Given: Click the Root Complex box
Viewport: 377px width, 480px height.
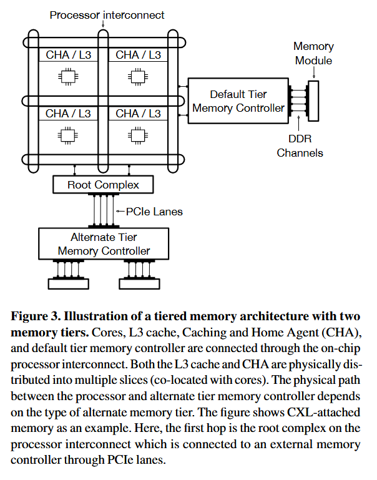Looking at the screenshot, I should (103, 185).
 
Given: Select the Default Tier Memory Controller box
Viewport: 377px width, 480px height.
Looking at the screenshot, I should (238, 102).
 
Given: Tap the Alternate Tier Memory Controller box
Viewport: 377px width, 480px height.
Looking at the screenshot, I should (103, 243).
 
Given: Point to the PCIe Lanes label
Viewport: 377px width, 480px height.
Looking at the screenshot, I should (154, 212).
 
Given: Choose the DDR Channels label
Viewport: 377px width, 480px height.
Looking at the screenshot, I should (300, 145).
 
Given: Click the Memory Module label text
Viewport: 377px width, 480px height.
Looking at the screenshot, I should (313, 53).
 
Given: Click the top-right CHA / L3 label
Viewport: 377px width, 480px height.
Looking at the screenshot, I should (138, 56).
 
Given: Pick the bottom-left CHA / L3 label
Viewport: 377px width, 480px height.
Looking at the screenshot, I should (68, 114).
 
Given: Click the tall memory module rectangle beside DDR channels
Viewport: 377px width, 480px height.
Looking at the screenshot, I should (313, 100).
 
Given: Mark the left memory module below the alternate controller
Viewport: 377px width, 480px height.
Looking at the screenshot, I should (69, 283).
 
